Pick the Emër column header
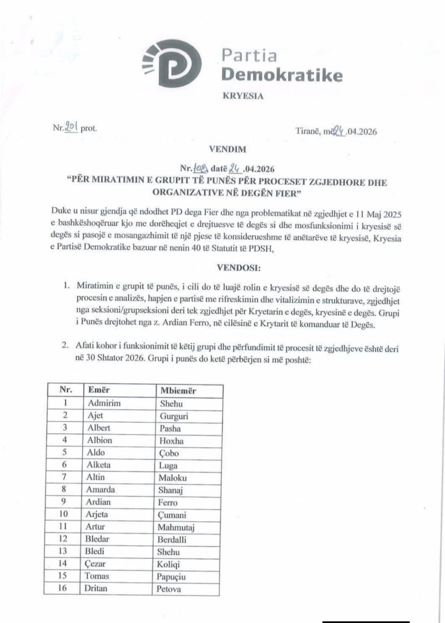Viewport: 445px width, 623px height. click(99, 389)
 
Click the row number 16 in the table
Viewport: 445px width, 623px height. click(65, 590)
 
